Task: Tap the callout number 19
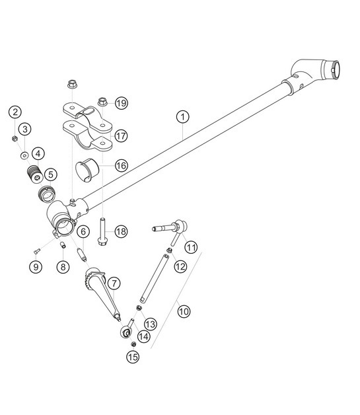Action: coord(120,102)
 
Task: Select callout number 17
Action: coord(120,135)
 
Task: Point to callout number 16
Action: coord(120,167)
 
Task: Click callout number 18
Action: coord(120,231)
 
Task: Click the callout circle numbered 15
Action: coord(132,358)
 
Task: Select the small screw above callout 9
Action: coord(36,251)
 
